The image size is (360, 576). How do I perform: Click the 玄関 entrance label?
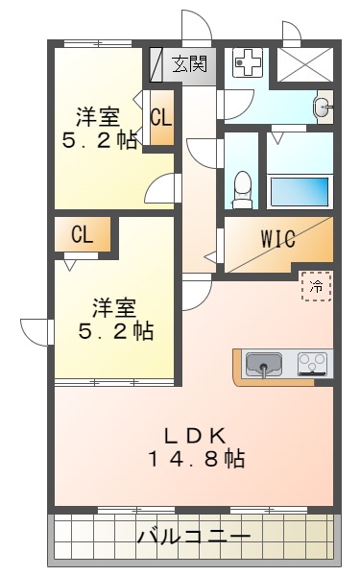(x=189, y=65)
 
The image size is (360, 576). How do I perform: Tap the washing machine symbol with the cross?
(x=248, y=65)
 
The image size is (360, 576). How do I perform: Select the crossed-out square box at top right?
(x=306, y=64)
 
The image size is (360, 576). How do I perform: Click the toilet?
(x=243, y=184)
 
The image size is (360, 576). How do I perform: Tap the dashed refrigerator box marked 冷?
(x=316, y=285)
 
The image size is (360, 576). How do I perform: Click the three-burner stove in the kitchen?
(x=314, y=363)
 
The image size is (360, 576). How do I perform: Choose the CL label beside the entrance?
(x=160, y=119)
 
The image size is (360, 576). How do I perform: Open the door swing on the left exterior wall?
(x=36, y=331)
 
